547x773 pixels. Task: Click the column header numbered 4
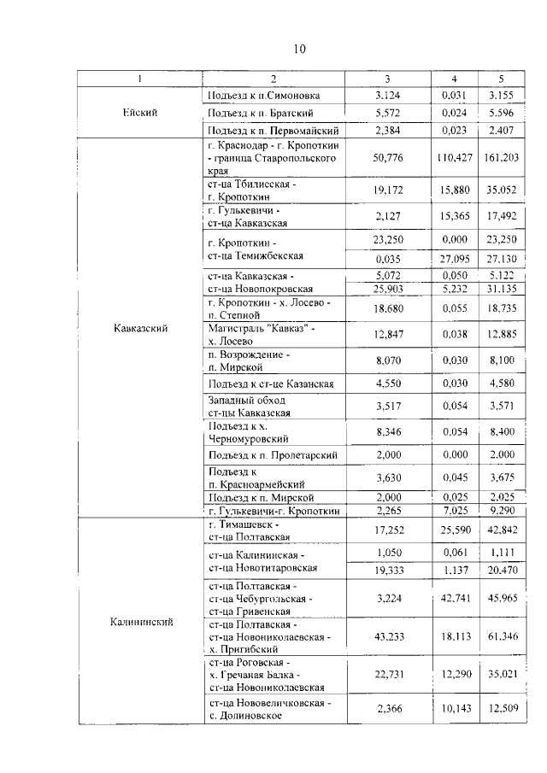point(455,79)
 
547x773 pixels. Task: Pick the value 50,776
point(388,157)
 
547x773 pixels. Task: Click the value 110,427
point(455,157)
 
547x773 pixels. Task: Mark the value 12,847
point(388,334)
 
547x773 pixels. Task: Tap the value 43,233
point(388,637)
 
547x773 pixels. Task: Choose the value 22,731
point(388,674)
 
